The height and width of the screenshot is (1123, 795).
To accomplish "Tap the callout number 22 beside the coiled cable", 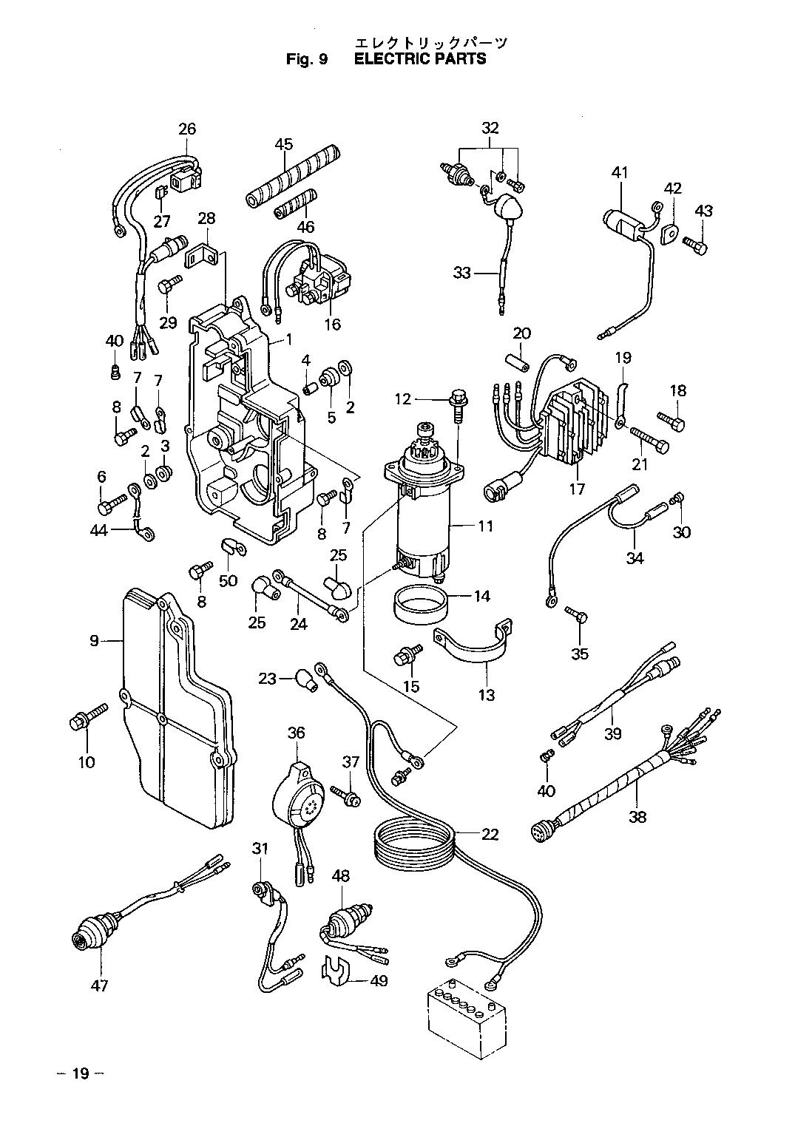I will click(x=490, y=835).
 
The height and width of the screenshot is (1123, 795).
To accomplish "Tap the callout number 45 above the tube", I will click(x=284, y=144).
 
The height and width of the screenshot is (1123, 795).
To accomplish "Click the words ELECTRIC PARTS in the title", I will click(x=420, y=59).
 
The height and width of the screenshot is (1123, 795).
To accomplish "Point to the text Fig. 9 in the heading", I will click(x=306, y=59).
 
